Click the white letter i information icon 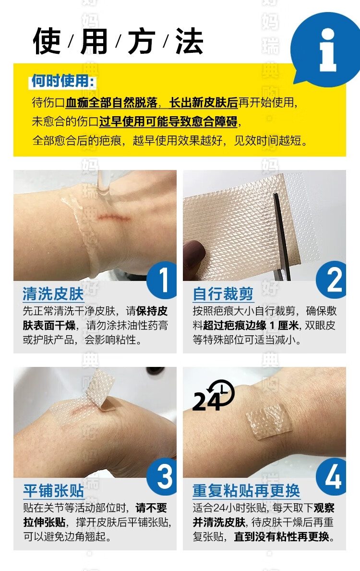point(327,50)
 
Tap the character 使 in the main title point(47,41)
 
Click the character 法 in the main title point(189,41)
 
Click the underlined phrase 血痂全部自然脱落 point(111,103)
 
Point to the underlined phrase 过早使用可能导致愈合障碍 point(168,121)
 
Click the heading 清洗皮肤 point(53,294)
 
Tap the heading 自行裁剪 point(223,294)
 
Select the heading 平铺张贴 point(53,490)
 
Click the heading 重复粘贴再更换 point(246,490)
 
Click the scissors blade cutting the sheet point(281,233)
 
